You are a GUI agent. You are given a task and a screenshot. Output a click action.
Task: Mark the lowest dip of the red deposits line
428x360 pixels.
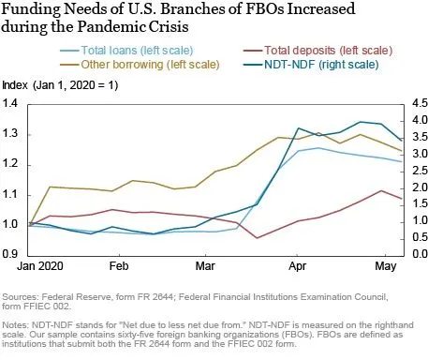tap(258, 237)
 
